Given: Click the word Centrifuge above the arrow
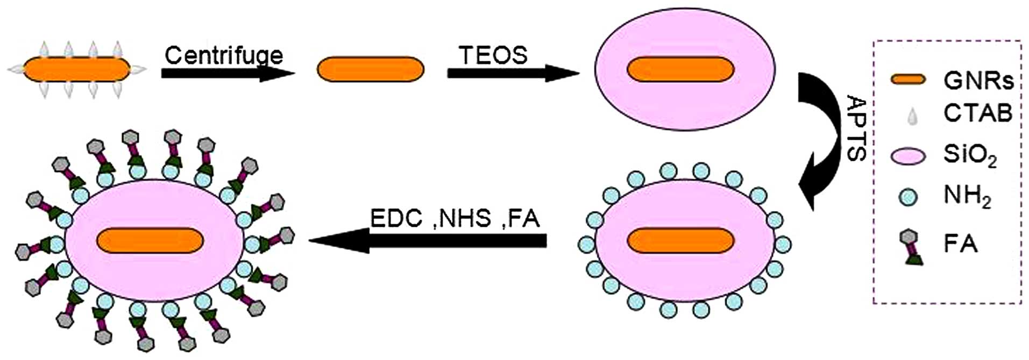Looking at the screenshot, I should (x=223, y=55).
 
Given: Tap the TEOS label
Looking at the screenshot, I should (x=493, y=55).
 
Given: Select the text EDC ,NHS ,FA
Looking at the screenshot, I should (x=455, y=219).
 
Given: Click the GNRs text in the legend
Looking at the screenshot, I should (x=978, y=81).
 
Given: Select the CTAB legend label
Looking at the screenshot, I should (x=977, y=113).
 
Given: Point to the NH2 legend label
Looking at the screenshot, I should (x=967, y=197).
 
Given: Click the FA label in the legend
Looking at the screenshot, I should (x=960, y=244).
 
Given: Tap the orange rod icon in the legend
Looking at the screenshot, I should (x=909, y=80).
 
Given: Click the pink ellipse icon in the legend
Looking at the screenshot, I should (x=909, y=156).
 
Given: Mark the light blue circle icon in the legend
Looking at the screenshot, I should (x=909, y=197).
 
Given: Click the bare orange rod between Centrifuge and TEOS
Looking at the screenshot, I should (x=370, y=70).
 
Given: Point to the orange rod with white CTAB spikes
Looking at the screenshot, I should (x=76, y=70).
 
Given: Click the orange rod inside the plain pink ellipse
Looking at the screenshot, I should (x=680, y=70).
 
